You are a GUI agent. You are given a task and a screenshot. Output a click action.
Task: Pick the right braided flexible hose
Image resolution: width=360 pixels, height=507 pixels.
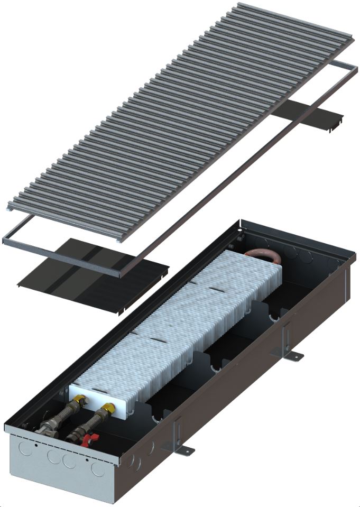[95, 422]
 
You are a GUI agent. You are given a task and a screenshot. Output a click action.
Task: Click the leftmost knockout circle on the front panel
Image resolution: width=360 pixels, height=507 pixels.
[24, 448]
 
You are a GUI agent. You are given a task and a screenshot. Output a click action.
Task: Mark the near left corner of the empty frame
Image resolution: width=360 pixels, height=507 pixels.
[6, 240]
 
